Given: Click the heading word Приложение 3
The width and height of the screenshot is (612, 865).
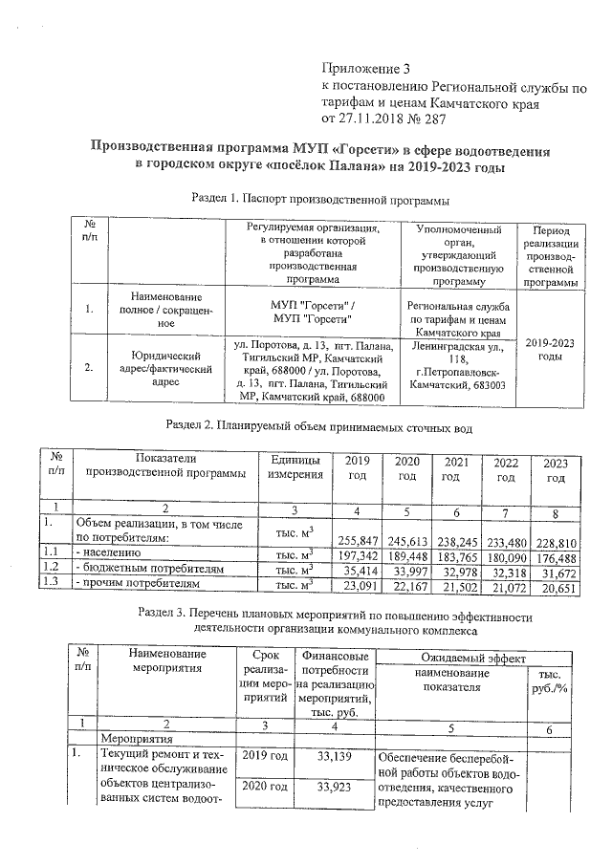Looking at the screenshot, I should (367, 69).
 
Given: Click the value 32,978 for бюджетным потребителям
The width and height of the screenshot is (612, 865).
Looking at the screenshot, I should (456, 572).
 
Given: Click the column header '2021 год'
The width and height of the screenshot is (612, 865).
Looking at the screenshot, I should (456, 469).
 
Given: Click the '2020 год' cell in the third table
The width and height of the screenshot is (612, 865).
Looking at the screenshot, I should (264, 788).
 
